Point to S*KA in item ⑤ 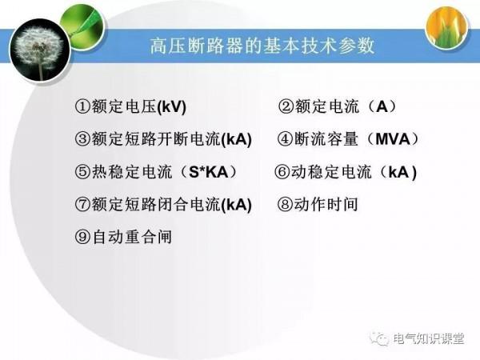coord(210,172)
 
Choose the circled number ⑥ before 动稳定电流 coord(282,172)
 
